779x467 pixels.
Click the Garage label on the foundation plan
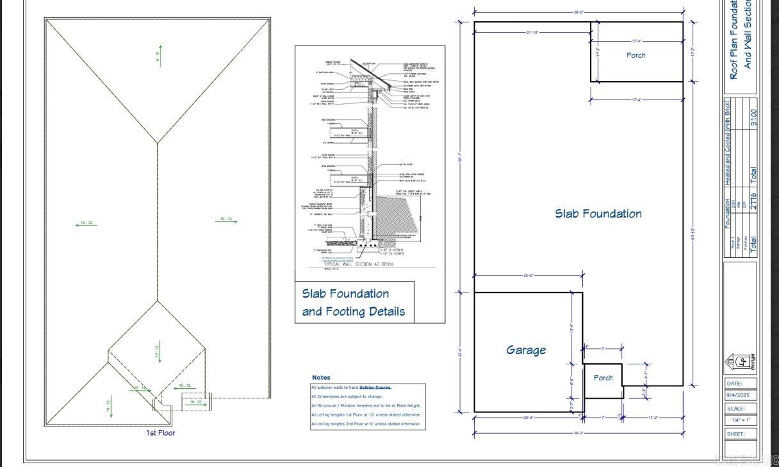click(526, 350)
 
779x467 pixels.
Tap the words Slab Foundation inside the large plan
click(598, 214)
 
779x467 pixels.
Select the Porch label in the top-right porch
click(635, 55)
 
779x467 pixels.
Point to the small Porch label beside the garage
click(603, 378)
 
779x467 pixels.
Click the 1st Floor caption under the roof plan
click(160, 433)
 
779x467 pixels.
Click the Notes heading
click(321, 377)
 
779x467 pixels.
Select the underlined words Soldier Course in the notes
click(375, 387)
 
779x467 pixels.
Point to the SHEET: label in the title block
click(736, 434)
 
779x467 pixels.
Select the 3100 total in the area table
click(753, 118)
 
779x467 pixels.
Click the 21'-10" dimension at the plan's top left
click(532, 32)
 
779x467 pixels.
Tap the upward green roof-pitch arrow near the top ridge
click(160, 55)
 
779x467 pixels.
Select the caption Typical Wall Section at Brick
click(359, 264)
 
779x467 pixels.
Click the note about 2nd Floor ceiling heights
click(366, 424)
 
